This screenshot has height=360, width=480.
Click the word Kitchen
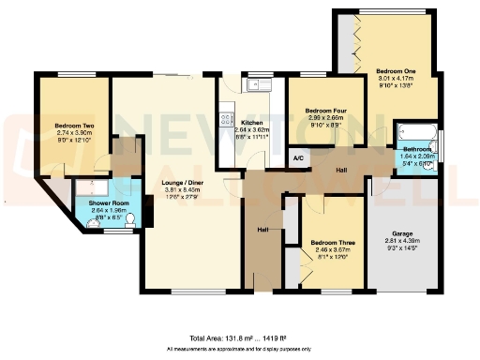pyautogui.click(x=251, y=123)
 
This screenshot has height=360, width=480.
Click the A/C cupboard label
pyautogui.click(x=300, y=158)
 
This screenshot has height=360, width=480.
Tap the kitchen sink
pyautogui.click(x=253, y=85)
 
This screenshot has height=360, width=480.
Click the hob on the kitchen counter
pyautogui.click(x=225, y=119)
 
